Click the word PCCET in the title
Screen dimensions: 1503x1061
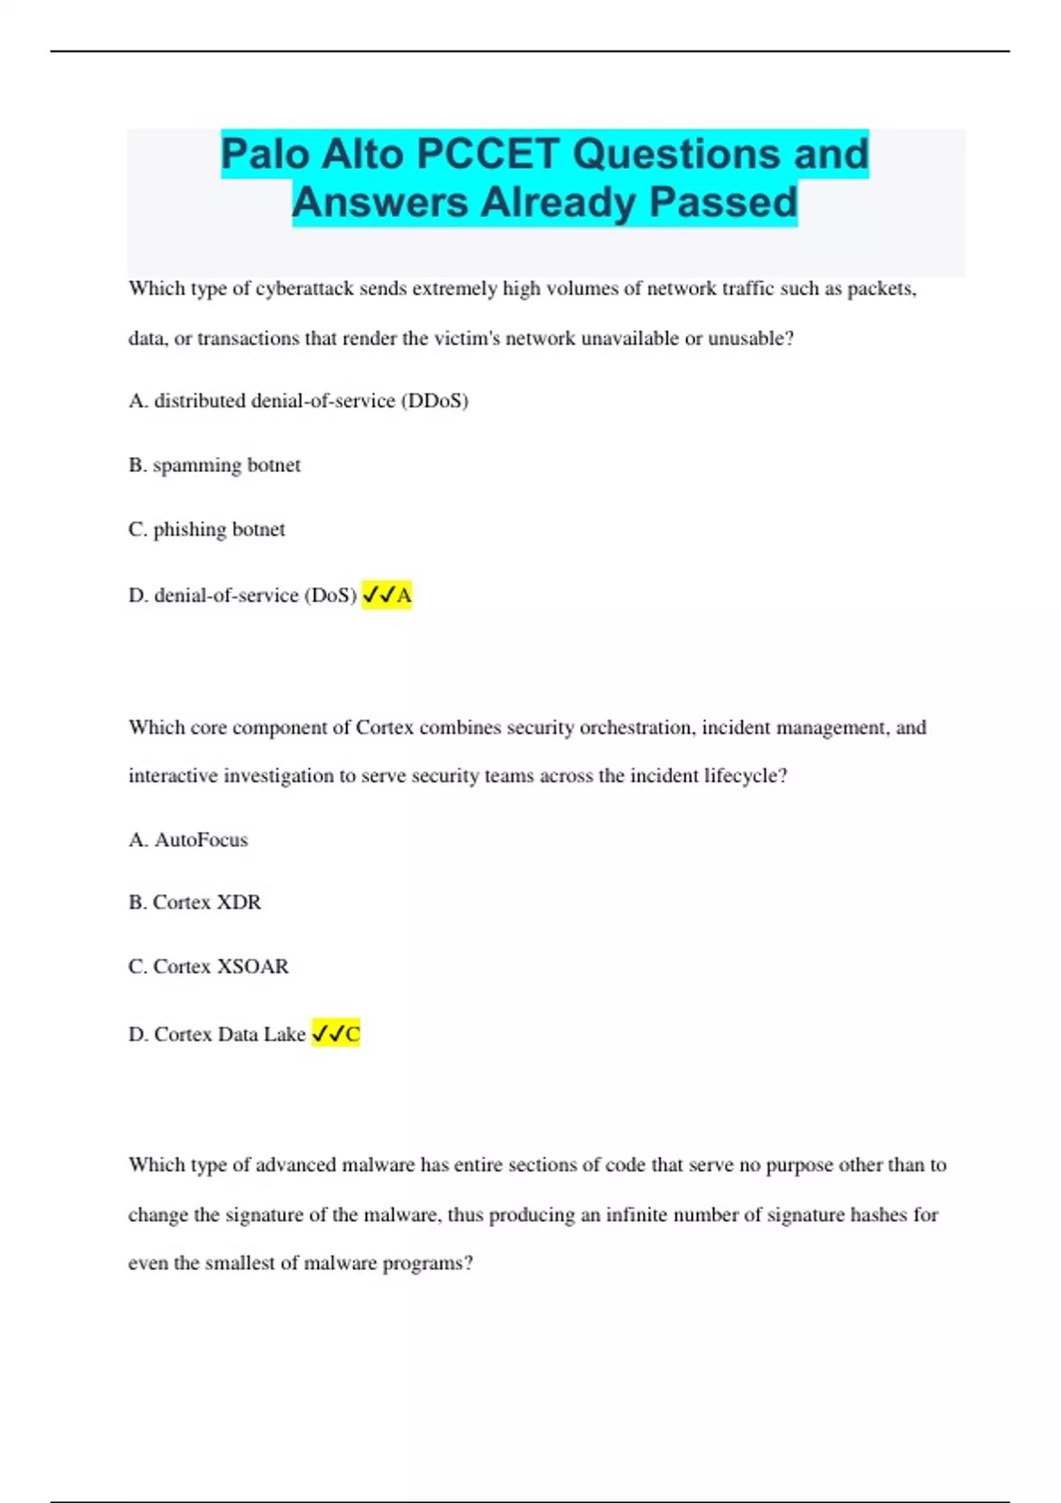click(487, 154)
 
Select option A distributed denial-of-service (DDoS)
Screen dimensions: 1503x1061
click(298, 401)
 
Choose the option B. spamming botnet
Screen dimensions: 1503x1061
click(214, 465)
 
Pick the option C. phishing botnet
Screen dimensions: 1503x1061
click(206, 530)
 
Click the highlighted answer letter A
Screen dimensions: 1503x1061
click(404, 596)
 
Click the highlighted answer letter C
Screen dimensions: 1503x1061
click(353, 1034)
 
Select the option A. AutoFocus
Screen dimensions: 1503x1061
click(187, 840)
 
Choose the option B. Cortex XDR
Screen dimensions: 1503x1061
click(195, 903)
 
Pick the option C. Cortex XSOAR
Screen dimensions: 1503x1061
click(208, 966)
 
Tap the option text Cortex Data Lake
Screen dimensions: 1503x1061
click(229, 1034)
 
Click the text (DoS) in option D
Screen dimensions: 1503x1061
click(331, 596)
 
